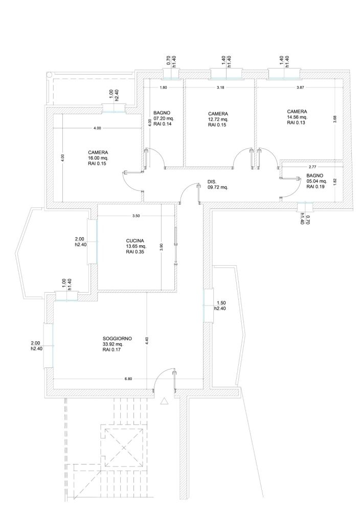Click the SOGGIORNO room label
(117, 339)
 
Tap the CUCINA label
(135, 241)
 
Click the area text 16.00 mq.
(98, 158)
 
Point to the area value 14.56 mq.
(297, 117)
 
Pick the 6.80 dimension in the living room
(128, 379)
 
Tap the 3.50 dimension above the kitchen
(136, 216)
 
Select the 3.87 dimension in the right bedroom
(300, 87)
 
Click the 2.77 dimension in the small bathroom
(312, 167)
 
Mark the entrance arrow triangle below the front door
(164, 401)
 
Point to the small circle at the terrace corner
(49, 74)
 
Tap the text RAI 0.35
(135, 251)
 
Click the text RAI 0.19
(316, 187)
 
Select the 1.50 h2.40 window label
(220, 306)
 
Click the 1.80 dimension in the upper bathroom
(163, 87)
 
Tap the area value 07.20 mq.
(164, 119)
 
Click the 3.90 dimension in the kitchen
(161, 247)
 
